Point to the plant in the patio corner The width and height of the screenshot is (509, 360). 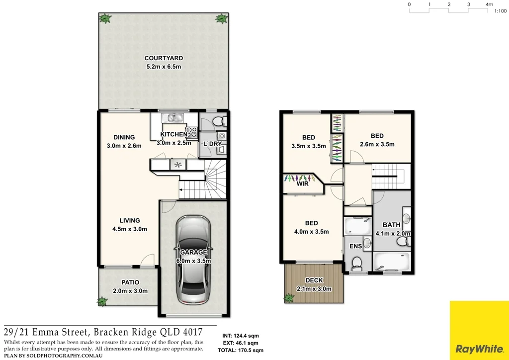[x=102, y=301]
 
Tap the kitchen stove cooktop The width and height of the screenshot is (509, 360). [x=192, y=133]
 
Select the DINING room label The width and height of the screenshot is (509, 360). [x=124, y=138]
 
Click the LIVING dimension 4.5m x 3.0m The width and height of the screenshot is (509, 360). [x=130, y=229]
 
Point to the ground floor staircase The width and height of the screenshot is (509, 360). [x=205, y=184]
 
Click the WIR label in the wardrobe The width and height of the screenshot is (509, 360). [x=303, y=183]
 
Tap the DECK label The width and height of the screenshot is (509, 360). [x=314, y=280]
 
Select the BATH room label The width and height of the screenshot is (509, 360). [x=392, y=225]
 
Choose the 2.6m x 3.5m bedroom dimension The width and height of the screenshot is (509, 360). [x=377, y=145]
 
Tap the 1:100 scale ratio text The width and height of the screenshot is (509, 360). [x=500, y=10]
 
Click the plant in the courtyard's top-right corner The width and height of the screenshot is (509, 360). [x=220, y=19]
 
